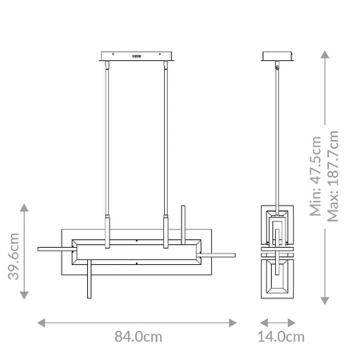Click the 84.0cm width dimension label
click(x=138, y=337)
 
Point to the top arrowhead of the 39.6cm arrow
click(x=26, y=207)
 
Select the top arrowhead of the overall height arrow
click(x=323, y=54)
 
